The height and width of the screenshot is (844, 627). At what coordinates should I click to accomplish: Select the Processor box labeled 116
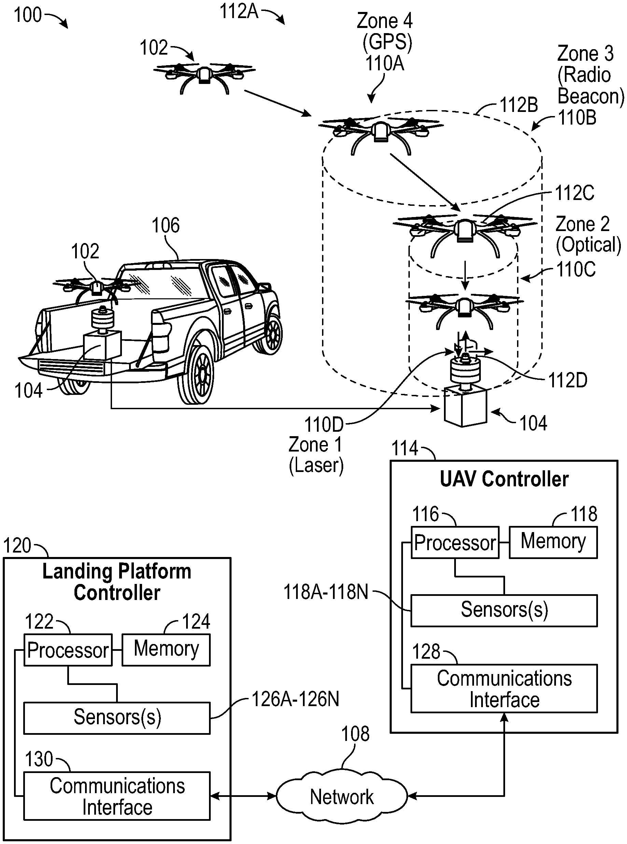point(455,542)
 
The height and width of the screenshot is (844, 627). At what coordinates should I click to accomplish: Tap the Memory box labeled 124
point(166,649)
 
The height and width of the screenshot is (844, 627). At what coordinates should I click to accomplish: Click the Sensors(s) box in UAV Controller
point(504,610)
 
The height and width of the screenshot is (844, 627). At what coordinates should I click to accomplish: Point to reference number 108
point(355,734)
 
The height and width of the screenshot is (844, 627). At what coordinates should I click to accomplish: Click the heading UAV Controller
point(504,479)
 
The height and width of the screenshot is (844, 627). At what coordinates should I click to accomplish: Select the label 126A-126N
point(295,699)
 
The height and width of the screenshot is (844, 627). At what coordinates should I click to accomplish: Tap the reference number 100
point(27,15)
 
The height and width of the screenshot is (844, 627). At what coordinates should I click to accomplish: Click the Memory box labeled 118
point(553,541)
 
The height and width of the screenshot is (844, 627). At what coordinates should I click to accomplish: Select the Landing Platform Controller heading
point(116,582)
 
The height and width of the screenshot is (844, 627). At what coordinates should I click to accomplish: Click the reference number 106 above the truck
point(166,225)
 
